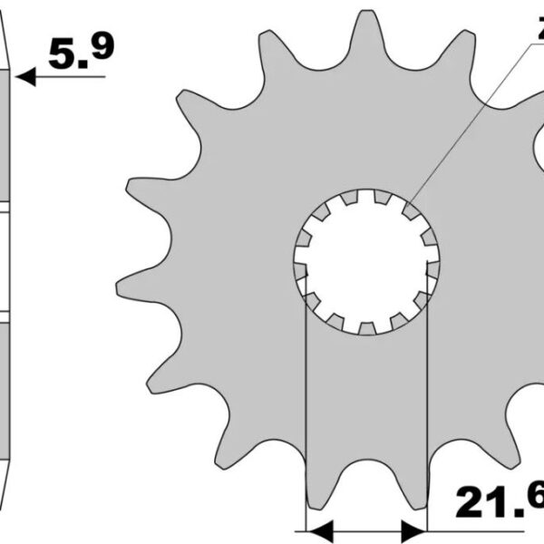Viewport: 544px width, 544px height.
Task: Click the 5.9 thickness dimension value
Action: [81, 53]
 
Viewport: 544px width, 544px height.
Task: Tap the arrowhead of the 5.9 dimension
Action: [25, 77]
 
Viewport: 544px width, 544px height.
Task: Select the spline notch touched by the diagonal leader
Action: [410, 211]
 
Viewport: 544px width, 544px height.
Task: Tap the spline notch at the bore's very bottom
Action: [366, 327]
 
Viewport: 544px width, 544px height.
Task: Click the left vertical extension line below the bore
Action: [306, 408]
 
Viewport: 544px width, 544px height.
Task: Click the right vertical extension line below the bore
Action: [426, 408]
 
